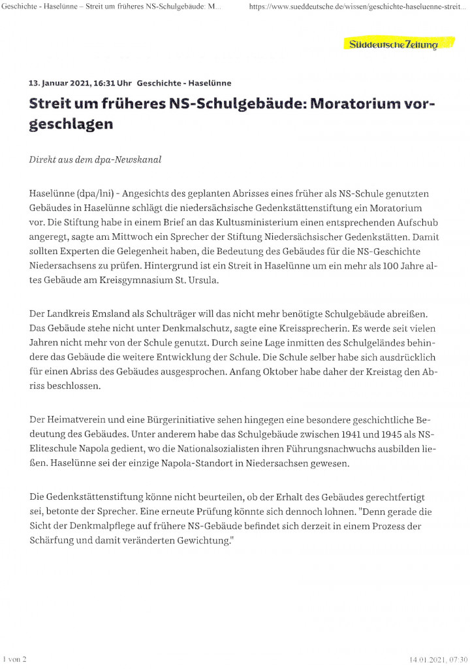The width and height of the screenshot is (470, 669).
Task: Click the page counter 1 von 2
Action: [14, 661]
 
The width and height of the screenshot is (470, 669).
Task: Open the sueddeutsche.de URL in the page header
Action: [358, 7]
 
